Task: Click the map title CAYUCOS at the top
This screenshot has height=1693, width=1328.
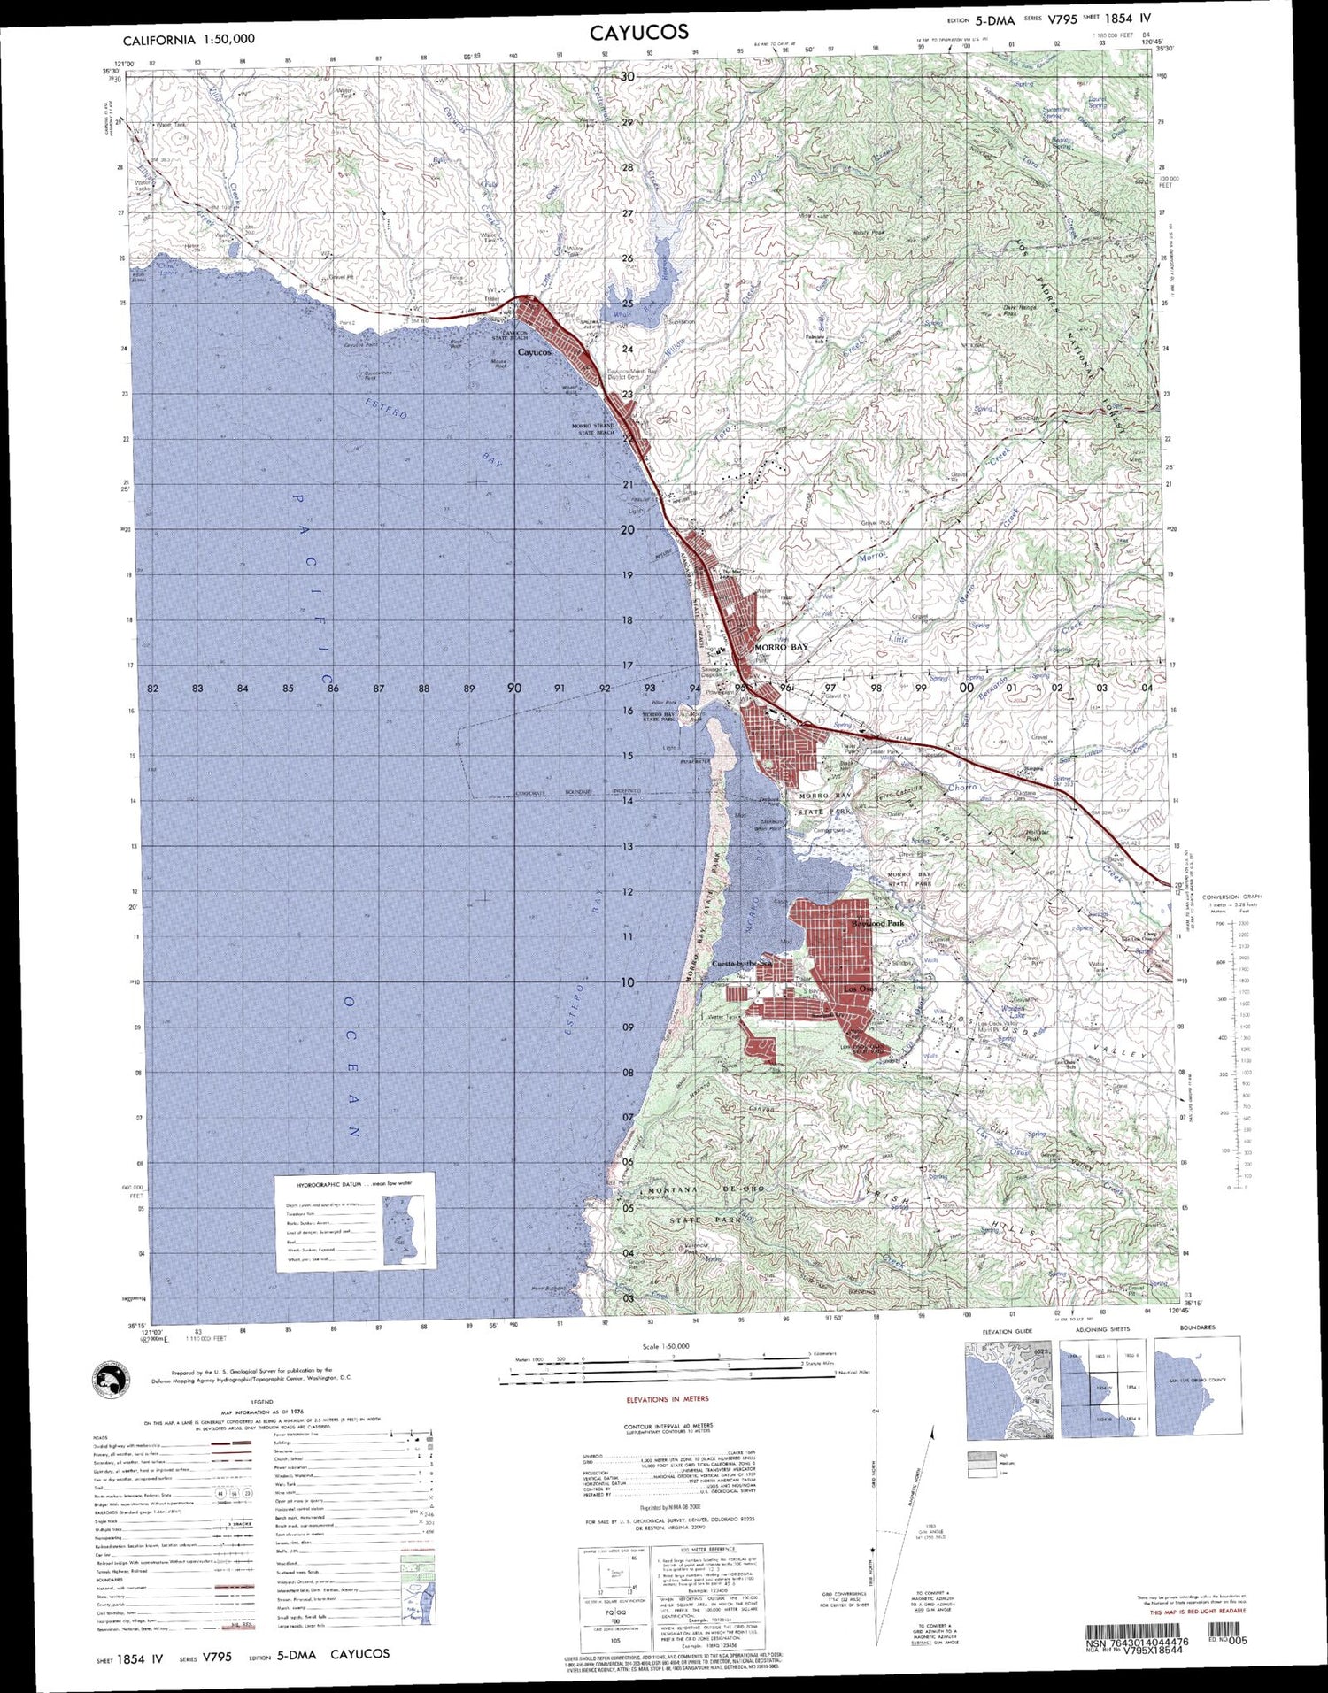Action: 640,33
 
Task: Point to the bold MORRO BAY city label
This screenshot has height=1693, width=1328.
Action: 781,648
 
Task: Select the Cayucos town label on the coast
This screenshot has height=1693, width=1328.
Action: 534,352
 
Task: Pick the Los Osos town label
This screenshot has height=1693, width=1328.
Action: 859,988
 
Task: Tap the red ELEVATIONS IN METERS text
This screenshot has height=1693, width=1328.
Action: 668,1400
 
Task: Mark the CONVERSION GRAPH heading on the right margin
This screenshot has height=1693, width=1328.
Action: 1232,897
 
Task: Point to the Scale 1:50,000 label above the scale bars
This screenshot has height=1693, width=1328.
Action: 664,1345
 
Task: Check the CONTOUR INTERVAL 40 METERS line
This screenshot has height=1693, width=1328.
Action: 668,1425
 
